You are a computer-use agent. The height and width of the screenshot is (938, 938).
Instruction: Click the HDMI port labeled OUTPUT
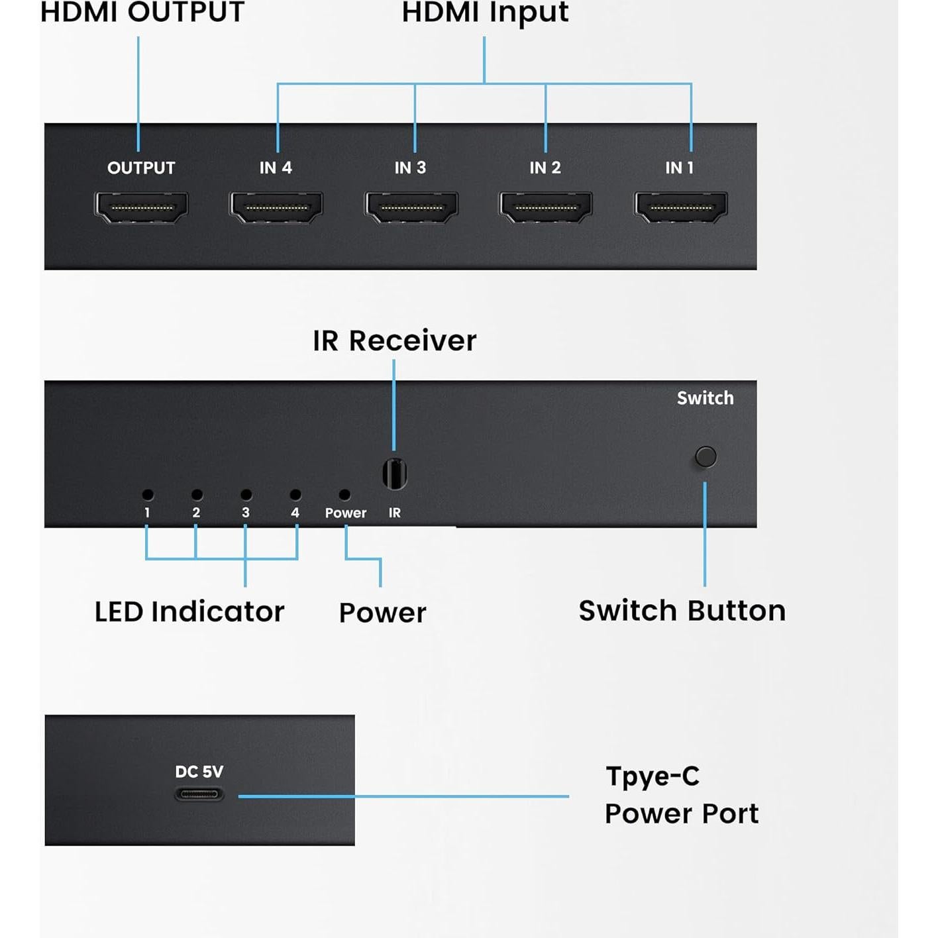(x=142, y=207)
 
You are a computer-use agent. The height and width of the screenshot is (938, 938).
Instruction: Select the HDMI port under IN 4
(x=276, y=207)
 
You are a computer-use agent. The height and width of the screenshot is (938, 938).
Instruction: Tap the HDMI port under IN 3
(x=411, y=207)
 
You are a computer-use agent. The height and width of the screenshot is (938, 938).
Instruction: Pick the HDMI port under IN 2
(x=546, y=207)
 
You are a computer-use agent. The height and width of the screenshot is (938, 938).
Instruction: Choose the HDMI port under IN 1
(x=681, y=207)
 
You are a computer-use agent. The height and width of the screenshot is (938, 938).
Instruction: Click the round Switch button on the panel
(x=705, y=456)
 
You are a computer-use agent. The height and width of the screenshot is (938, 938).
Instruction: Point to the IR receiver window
(x=395, y=474)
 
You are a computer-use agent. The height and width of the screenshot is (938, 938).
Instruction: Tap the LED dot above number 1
(x=148, y=495)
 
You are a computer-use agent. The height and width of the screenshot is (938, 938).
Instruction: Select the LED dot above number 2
(x=197, y=495)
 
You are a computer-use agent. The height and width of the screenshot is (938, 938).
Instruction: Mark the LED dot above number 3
(x=246, y=495)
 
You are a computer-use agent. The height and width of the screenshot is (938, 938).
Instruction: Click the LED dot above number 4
(x=295, y=495)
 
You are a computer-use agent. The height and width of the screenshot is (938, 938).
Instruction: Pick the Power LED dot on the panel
(x=344, y=495)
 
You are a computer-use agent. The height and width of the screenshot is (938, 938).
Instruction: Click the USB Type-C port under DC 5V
(x=199, y=794)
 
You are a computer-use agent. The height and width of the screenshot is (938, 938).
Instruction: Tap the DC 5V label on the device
(x=199, y=772)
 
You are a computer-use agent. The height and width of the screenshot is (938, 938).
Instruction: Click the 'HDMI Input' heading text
(x=485, y=13)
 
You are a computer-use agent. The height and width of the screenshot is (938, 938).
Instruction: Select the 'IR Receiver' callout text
(x=394, y=341)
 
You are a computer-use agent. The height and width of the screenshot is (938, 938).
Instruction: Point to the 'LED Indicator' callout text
(x=189, y=611)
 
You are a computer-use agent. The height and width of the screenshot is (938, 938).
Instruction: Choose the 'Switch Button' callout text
(x=682, y=611)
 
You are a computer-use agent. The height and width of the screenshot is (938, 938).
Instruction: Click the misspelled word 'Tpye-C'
(x=652, y=776)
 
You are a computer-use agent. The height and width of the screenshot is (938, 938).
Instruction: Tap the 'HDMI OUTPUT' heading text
(x=142, y=13)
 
